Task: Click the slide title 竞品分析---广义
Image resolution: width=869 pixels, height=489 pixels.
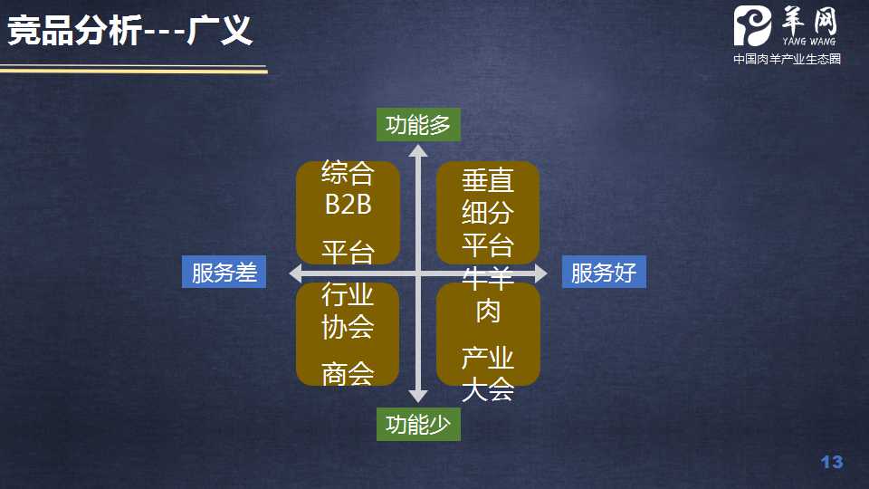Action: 129,34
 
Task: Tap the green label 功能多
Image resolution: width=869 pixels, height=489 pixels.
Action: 418,124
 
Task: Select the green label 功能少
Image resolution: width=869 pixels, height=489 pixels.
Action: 418,424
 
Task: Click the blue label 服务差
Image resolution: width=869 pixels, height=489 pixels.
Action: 224,272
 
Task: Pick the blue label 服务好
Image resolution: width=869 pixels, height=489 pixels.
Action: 604,272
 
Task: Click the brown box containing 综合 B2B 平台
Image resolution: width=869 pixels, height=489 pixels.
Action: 349,213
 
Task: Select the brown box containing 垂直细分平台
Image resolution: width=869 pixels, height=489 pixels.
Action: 488,213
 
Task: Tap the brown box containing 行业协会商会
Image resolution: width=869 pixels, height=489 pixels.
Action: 349,332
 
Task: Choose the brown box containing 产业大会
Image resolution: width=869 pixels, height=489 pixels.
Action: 488,334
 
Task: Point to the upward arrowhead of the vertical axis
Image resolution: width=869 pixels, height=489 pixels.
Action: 418,151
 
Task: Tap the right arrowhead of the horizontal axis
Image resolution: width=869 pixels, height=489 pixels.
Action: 540,273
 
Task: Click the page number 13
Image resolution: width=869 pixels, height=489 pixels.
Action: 831,463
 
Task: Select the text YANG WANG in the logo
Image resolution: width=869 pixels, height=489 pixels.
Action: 809,40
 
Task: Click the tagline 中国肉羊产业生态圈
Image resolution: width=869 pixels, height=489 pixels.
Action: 787,59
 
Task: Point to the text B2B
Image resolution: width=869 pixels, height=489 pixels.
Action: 349,204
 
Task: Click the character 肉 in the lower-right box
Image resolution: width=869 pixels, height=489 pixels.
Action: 488,312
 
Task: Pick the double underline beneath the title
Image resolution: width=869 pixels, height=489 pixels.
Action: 134,69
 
